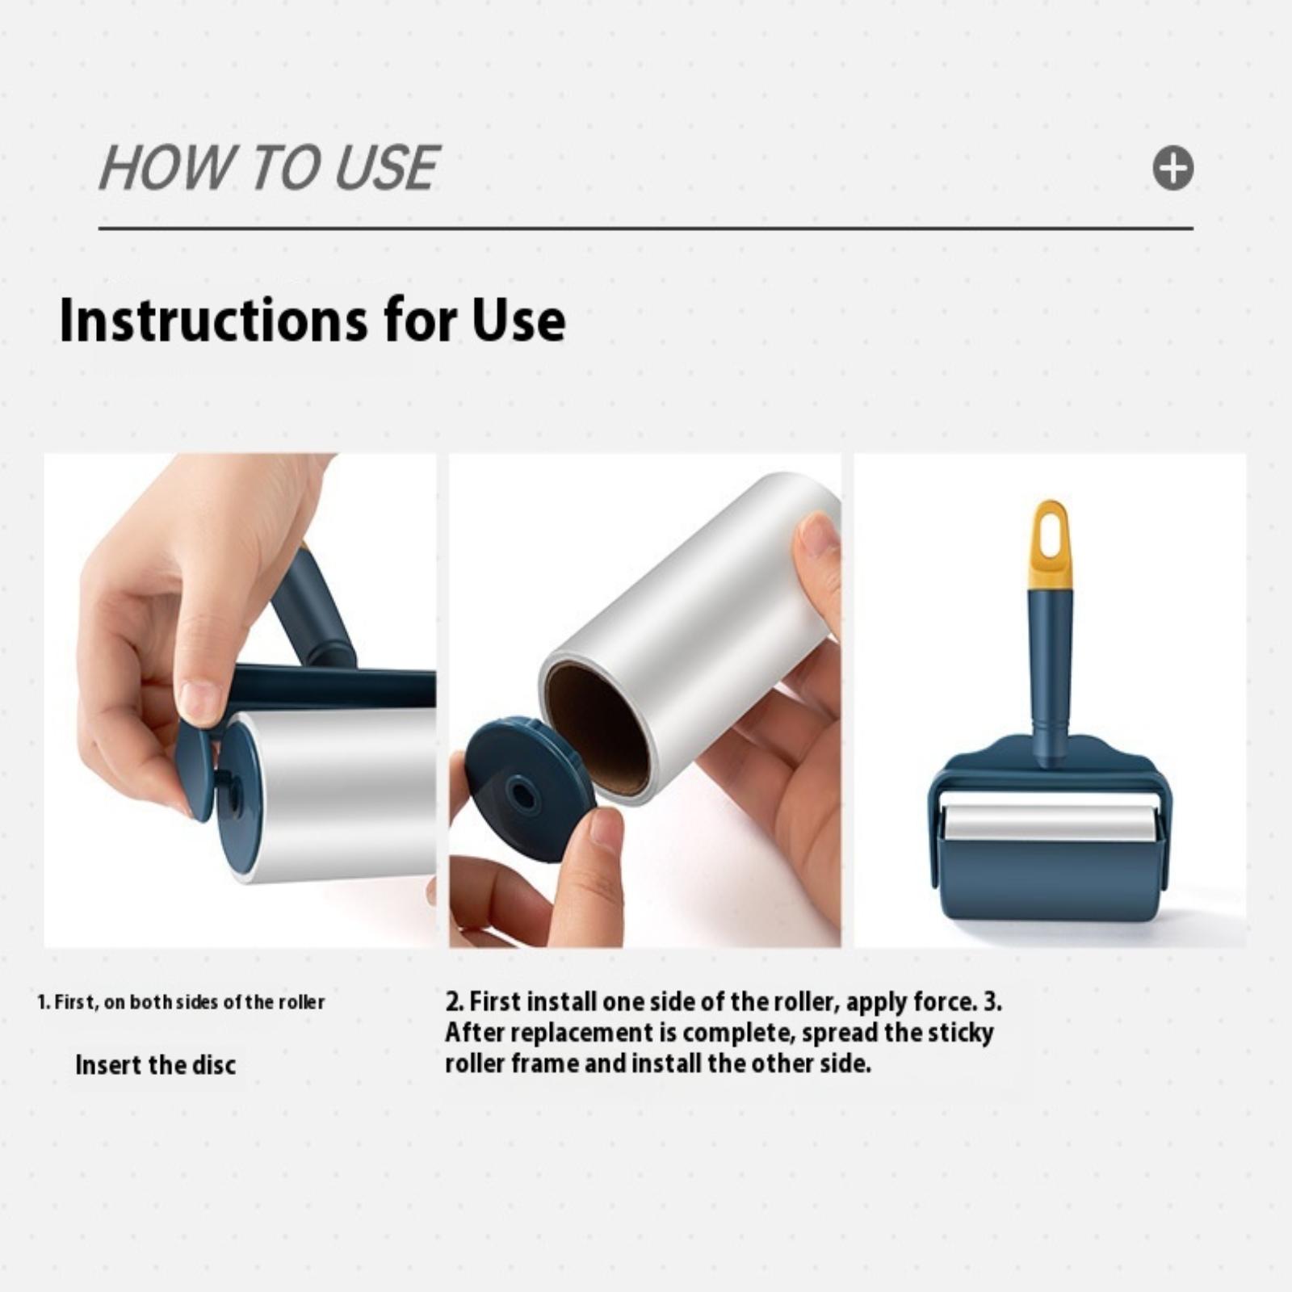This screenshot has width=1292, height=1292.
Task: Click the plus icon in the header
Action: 1172,168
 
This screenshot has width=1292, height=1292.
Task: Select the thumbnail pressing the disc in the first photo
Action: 199,701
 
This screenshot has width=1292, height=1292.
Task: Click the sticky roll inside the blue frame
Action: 1051,823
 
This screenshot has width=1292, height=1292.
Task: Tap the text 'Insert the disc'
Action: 155,1065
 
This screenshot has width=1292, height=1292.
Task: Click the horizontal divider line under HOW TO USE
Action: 646,229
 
